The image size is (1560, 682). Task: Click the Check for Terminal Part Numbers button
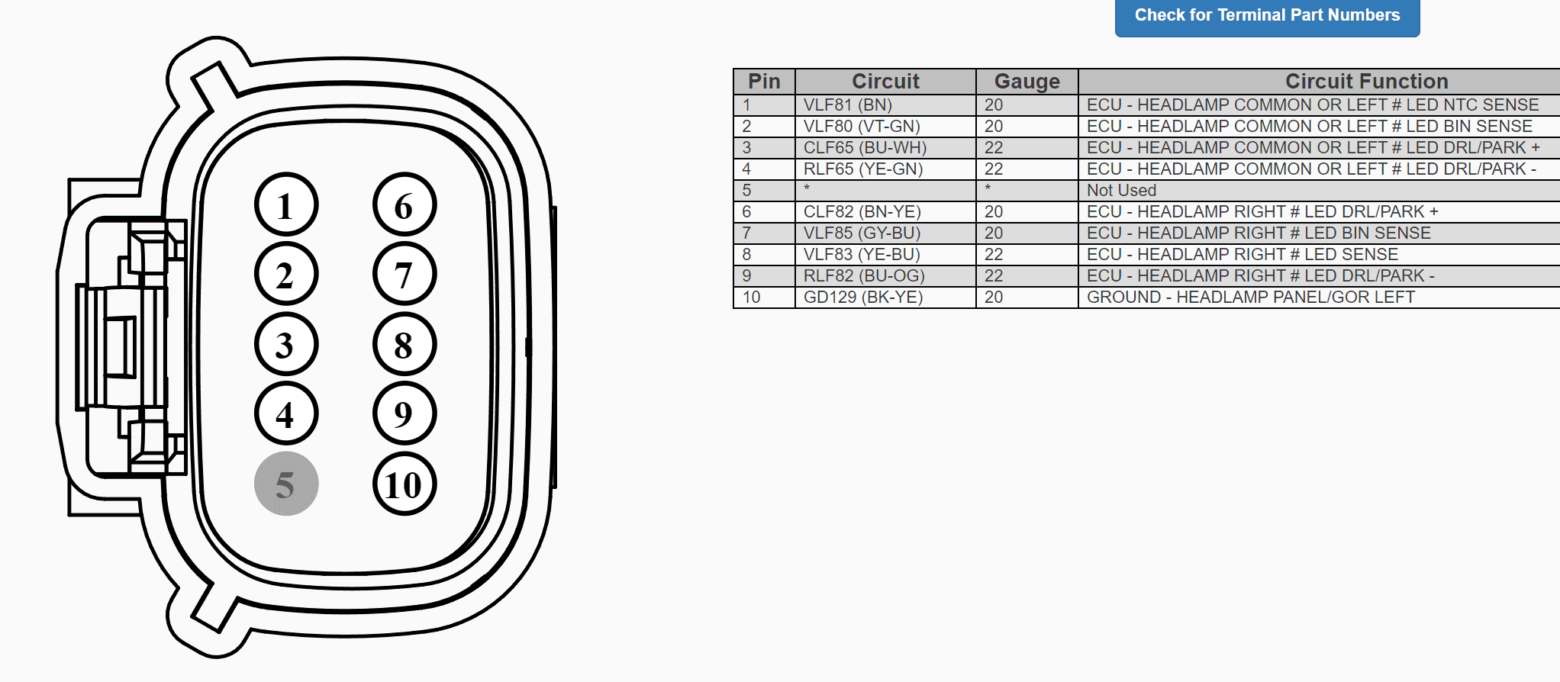pos(1267,16)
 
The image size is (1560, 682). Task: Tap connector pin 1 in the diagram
pos(286,204)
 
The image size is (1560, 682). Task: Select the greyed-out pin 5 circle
pos(286,484)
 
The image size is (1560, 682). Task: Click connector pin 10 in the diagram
pos(405,484)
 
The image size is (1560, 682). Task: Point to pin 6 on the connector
pos(405,204)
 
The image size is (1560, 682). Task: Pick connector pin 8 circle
pos(405,344)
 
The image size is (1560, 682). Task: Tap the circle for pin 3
pos(286,344)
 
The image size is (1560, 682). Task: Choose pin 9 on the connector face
pos(405,413)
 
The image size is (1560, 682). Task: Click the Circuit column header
pos(885,81)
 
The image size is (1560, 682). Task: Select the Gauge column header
pos(1027,81)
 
